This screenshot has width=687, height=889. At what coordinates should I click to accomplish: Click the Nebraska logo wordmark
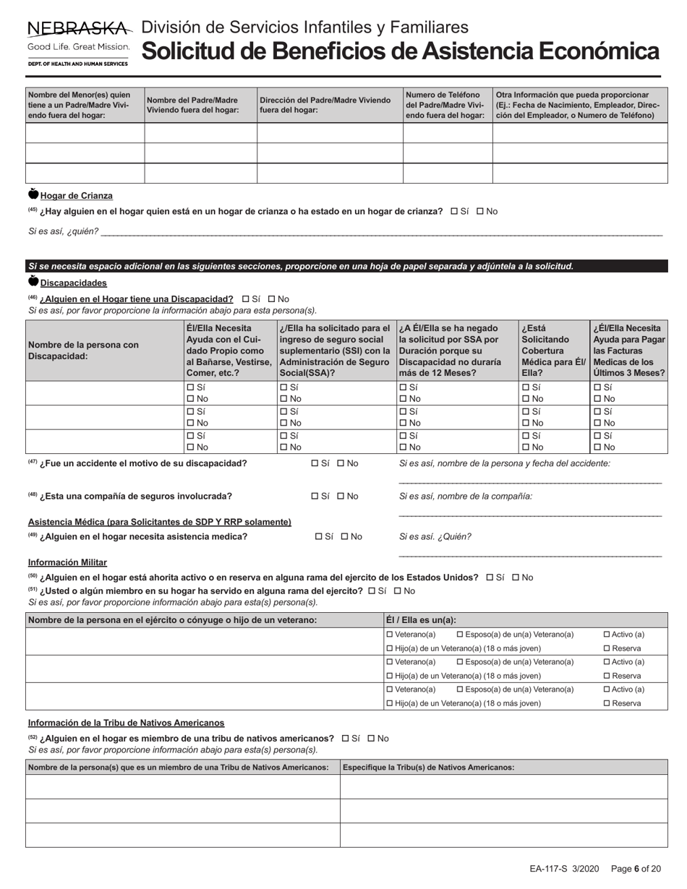(79, 29)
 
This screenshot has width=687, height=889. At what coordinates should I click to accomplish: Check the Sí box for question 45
(454, 211)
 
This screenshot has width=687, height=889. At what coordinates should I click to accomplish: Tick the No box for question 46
(272, 299)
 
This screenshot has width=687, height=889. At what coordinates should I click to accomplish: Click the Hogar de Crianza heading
(76, 196)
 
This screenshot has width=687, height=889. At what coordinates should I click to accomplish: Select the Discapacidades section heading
(73, 283)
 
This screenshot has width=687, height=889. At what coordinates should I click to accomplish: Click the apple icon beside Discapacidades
(33, 281)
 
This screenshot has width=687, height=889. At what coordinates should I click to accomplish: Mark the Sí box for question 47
(315, 463)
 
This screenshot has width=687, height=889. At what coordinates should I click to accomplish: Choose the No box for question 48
(341, 497)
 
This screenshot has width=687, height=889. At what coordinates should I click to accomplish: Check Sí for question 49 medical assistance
(320, 537)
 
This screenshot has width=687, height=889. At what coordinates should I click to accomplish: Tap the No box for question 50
(516, 577)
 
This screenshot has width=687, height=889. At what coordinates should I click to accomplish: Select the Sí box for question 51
(372, 590)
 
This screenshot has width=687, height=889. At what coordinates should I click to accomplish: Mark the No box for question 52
(372, 739)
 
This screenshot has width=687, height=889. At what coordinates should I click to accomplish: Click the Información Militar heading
(67, 562)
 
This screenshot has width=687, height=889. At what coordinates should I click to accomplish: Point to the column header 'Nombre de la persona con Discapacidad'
(83, 351)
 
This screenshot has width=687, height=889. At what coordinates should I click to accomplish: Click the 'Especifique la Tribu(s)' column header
(428, 768)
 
